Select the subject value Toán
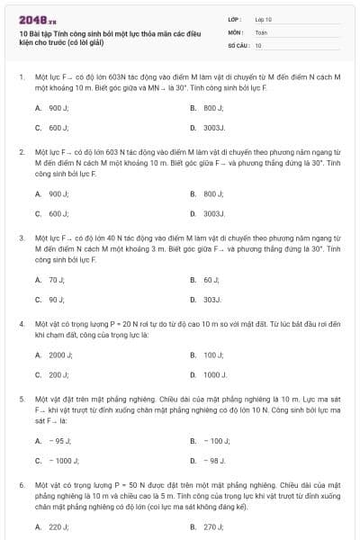point(261,31)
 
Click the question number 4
point(21,322)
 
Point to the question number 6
point(21,484)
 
